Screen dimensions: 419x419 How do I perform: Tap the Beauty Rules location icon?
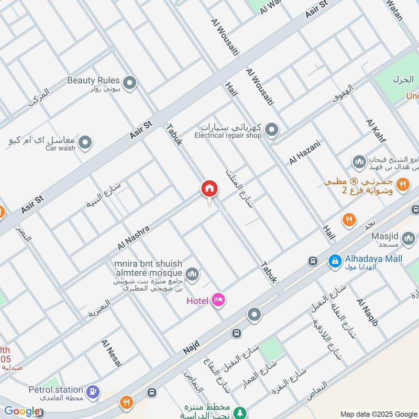click(x=129, y=82)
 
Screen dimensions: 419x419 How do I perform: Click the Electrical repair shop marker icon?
click(x=271, y=129)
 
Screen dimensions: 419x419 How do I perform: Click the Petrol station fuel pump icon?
click(x=93, y=391)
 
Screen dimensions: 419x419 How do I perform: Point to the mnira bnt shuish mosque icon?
click(x=192, y=273)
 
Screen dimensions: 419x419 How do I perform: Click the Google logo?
click(x=22, y=411)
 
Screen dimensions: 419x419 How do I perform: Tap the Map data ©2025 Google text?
click(x=379, y=413)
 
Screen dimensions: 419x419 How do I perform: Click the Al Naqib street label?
click(x=367, y=312)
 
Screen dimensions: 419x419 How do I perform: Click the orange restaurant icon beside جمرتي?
click(x=402, y=183)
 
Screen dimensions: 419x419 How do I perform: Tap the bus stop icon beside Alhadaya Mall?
click(x=313, y=261)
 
